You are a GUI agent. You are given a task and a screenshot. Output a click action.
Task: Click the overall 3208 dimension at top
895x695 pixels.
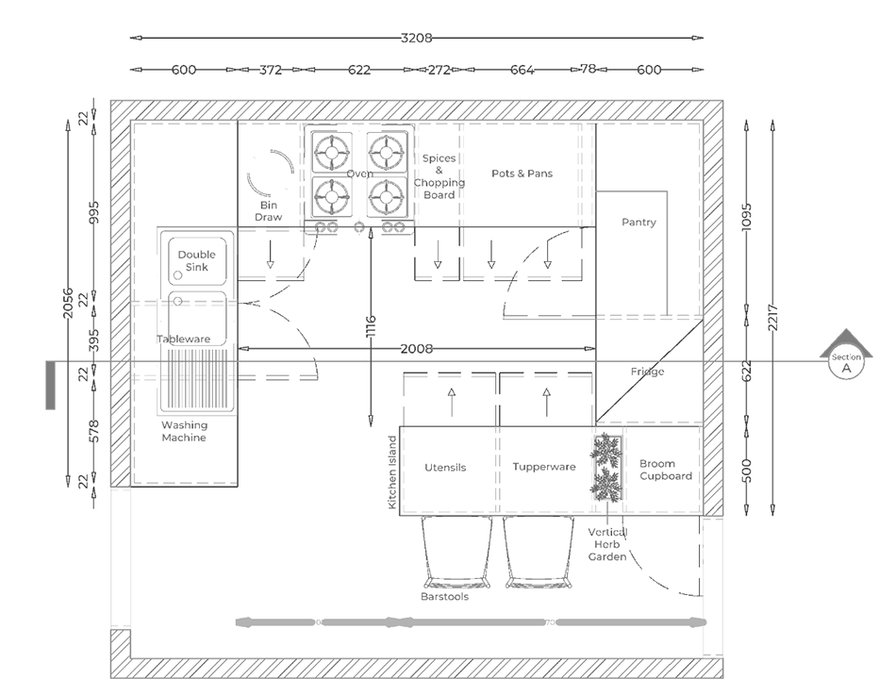416,39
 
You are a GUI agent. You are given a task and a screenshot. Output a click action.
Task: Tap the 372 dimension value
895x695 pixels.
271,70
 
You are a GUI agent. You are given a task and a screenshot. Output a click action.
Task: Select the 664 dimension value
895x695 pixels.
522,70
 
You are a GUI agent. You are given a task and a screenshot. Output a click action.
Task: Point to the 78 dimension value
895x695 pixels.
588,70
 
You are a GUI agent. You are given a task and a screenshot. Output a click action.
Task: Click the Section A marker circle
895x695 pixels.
846,364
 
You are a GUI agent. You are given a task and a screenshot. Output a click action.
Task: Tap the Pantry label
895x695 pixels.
638,223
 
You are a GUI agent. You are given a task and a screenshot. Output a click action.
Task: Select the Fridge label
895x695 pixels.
647,372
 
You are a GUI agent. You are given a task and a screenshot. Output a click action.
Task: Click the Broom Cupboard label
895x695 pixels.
665,470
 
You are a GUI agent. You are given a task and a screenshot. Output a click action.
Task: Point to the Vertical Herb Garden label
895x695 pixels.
607,545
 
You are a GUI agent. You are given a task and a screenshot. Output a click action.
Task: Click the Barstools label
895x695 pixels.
444,597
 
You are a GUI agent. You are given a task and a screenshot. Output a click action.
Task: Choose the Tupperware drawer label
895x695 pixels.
544,467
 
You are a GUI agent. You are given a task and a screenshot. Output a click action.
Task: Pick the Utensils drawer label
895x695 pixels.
445,467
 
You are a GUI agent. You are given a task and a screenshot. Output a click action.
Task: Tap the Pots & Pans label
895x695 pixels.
522,174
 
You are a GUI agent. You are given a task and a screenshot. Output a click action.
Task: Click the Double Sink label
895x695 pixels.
196,261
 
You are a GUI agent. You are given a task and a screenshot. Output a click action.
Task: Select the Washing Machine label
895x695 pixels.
184,432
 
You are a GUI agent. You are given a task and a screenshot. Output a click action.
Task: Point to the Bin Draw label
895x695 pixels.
270,210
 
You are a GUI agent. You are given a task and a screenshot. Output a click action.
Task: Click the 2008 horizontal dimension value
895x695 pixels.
416,349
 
